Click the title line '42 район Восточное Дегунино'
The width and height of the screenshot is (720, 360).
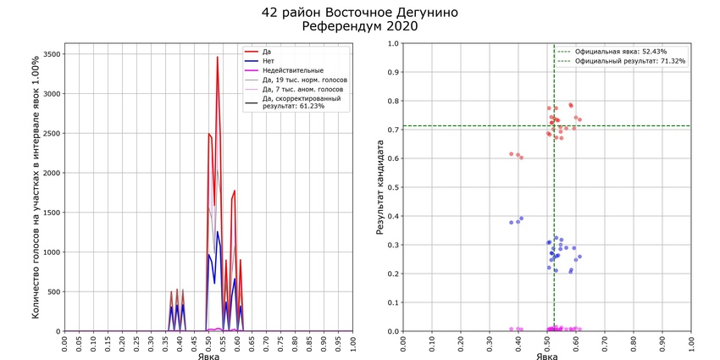point(360,12)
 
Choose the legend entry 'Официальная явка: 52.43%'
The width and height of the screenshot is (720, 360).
point(620,52)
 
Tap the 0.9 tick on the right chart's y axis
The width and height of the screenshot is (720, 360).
point(391,72)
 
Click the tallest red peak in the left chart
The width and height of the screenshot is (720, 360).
point(217,58)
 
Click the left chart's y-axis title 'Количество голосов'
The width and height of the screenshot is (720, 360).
point(36,188)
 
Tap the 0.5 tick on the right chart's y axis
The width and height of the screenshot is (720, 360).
point(391,187)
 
